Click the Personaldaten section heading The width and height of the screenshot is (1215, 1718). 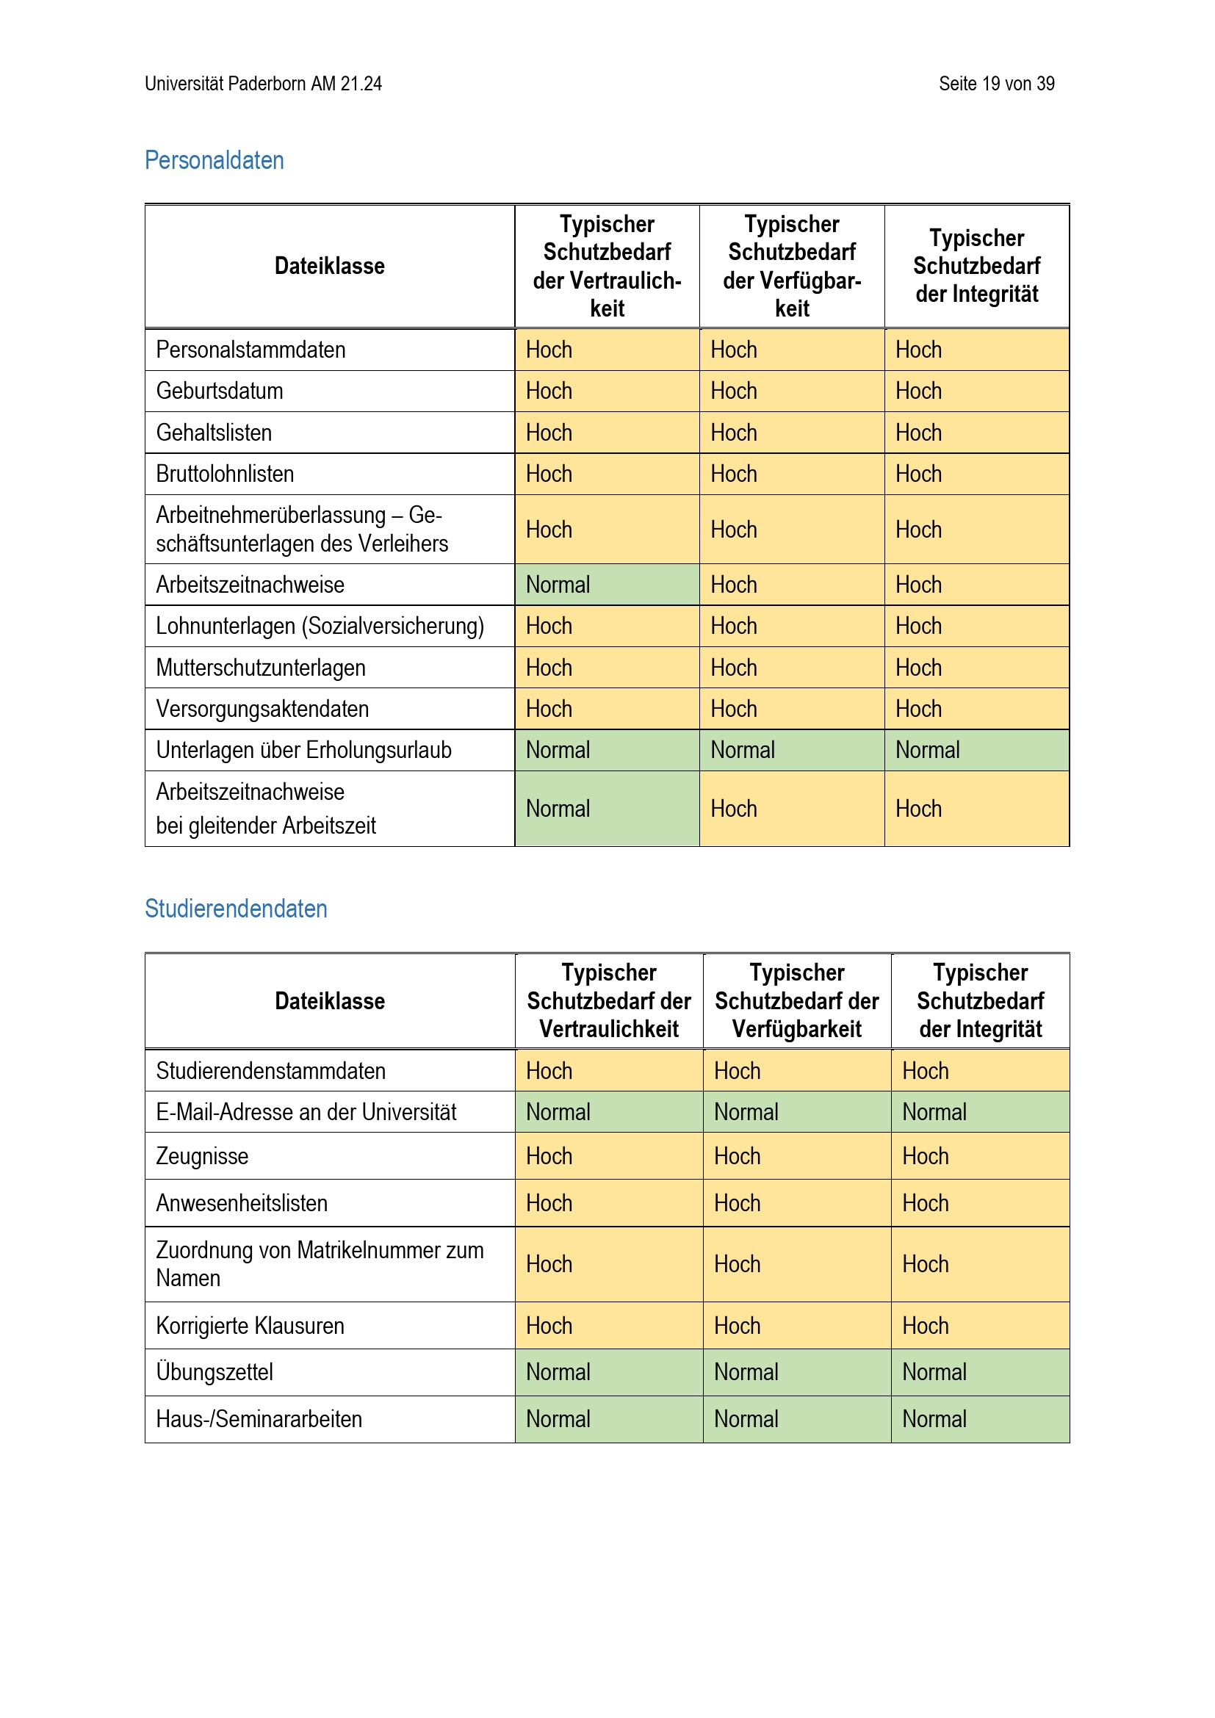tap(214, 160)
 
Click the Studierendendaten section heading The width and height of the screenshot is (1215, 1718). tap(236, 909)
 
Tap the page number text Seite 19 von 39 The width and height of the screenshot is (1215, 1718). tap(996, 84)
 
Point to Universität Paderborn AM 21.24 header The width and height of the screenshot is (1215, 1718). tap(264, 84)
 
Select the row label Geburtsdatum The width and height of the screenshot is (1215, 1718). tap(219, 391)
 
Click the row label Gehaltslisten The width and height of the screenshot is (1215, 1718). tap(214, 433)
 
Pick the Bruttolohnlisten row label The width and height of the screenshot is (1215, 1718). tap(225, 474)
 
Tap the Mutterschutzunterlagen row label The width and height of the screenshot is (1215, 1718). tap(260, 668)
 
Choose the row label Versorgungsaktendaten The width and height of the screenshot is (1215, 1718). tap(262, 709)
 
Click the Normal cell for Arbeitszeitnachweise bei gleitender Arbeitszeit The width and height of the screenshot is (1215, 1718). tap(558, 809)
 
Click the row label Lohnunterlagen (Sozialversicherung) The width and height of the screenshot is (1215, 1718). tap(320, 626)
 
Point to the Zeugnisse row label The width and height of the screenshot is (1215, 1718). tap(202, 1156)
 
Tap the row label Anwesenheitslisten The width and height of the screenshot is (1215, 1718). tap(242, 1203)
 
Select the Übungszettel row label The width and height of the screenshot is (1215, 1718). tap(214, 1372)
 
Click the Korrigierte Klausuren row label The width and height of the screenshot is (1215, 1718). tap(250, 1326)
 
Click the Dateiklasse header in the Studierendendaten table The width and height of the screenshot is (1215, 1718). tap(329, 1001)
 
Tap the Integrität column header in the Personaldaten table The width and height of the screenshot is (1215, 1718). tap(976, 267)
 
